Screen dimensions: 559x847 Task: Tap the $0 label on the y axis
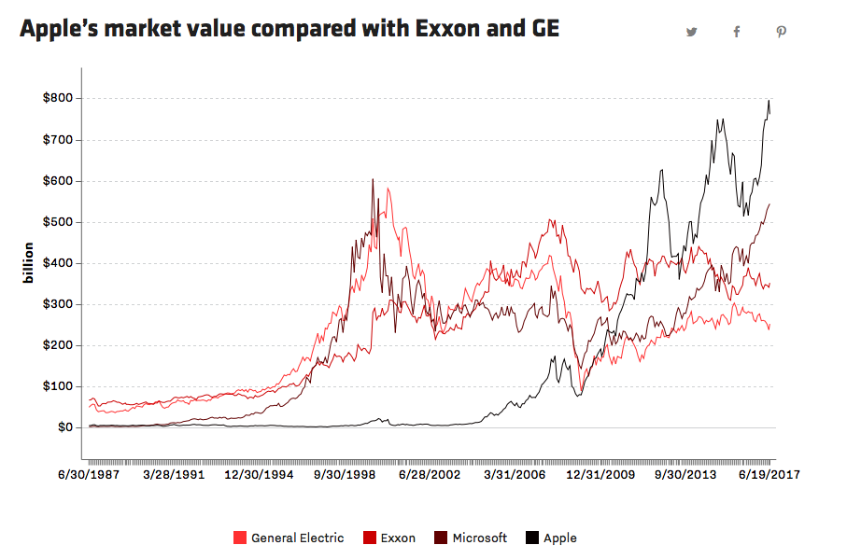click(63, 427)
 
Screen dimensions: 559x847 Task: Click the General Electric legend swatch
click(239, 538)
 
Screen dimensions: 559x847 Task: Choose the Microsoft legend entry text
click(480, 538)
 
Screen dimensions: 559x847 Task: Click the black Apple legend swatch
click(531, 538)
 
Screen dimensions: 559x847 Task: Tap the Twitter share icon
click(692, 32)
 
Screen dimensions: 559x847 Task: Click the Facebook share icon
click(737, 32)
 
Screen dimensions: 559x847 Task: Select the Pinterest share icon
click(782, 32)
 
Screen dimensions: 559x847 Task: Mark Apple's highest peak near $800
click(769, 101)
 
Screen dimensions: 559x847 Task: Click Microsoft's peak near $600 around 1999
click(373, 180)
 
